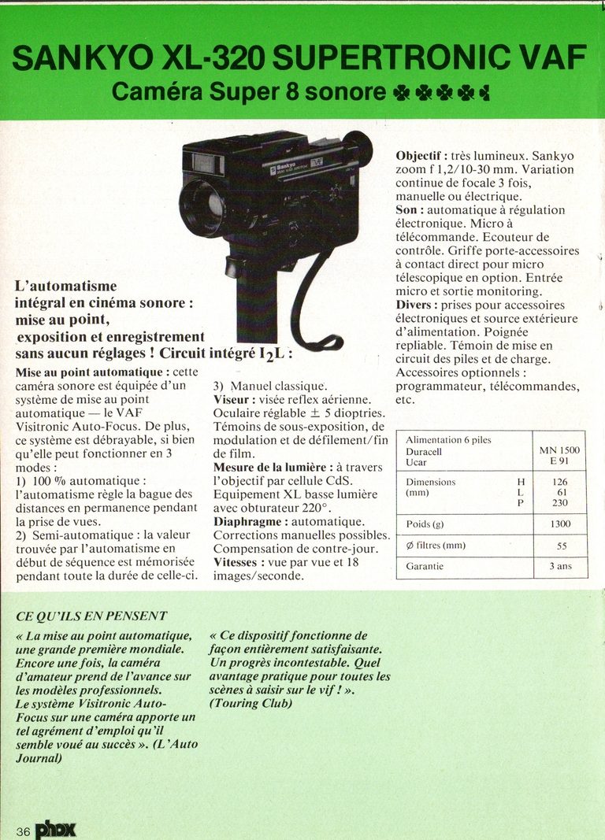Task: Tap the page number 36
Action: pos(23,831)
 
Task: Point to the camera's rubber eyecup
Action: pos(358,147)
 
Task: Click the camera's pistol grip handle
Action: pos(256,291)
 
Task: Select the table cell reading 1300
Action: pos(560,524)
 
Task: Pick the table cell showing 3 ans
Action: pos(560,566)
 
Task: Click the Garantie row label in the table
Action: pos(425,566)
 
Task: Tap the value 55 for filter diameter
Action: pos(560,545)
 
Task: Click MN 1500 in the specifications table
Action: pos(559,450)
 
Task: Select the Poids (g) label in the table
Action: pos(425,524)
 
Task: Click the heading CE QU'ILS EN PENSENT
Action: pos(91,616)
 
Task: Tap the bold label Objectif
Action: pos(421,155)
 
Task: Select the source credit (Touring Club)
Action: pos(251,703)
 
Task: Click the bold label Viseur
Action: pos(232,399)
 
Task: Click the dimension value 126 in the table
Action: pos(560,482)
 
